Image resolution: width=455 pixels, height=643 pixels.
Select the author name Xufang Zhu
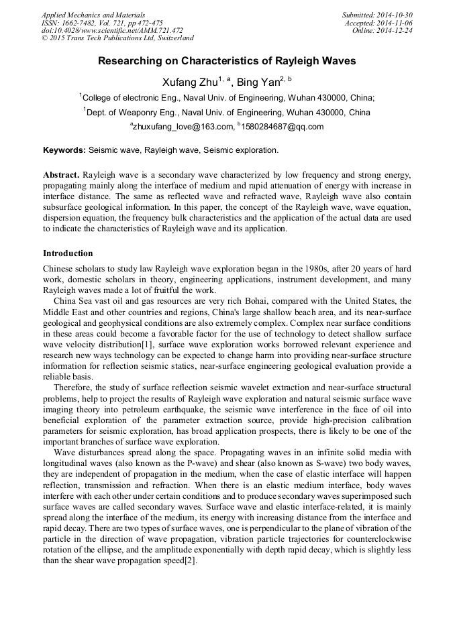(189, 82)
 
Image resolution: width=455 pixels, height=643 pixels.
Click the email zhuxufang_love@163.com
(181, 127)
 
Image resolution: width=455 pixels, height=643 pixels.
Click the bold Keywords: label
(64, 150)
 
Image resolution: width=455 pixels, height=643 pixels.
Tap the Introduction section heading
(68, 253)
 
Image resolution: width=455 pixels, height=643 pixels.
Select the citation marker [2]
(190, 561)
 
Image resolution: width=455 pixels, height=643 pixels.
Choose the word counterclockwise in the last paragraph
(372, 540)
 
